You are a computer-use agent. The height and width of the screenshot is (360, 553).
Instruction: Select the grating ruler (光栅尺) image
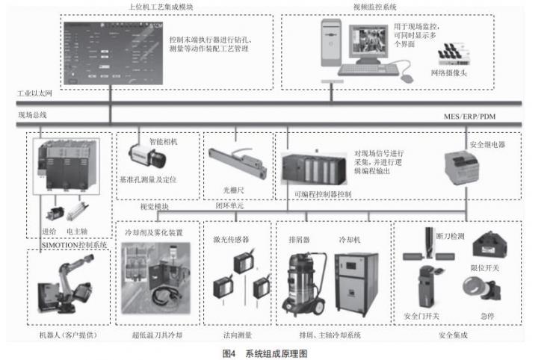click(x=238, y=165)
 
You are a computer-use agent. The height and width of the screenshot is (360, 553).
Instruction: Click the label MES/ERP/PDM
click(x=469, y=117)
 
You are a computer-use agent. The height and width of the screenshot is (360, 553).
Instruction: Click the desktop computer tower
click(x=330, y=44)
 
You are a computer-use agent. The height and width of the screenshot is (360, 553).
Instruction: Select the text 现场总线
click(x=33, y=114)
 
